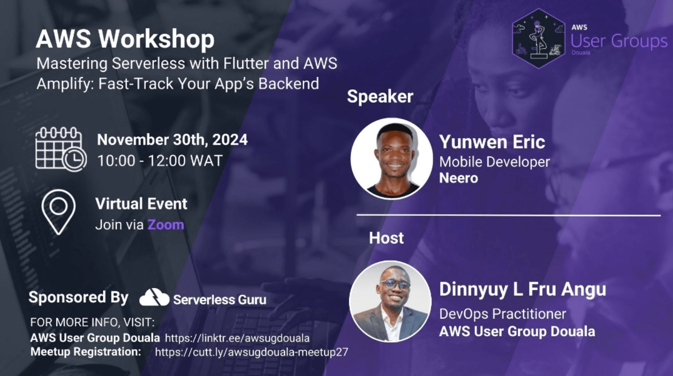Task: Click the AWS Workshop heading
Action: pos(125,39)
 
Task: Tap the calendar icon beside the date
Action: pos(61,149)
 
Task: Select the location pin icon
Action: pos(59,212)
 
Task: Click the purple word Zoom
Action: pos(165,225)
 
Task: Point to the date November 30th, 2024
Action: pos(172,140)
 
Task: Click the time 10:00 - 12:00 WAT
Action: pos(160,161)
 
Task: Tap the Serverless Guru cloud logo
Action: pos(154,297)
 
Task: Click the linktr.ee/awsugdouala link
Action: pos(237,338)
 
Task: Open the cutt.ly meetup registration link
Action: pos(251,352)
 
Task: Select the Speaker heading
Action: pos(380,96)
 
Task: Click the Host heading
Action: pos(387,238)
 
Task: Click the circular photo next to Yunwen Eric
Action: pos(392,159)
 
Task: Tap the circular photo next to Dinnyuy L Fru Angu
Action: pos(390,301)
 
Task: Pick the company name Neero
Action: pos(459,178)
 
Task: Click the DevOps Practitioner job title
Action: pos(503,314)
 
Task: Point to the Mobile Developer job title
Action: pos(495,162)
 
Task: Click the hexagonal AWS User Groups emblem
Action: pos(539,39)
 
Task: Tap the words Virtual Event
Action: pos(141,204)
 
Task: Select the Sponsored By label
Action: pos(78,297)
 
